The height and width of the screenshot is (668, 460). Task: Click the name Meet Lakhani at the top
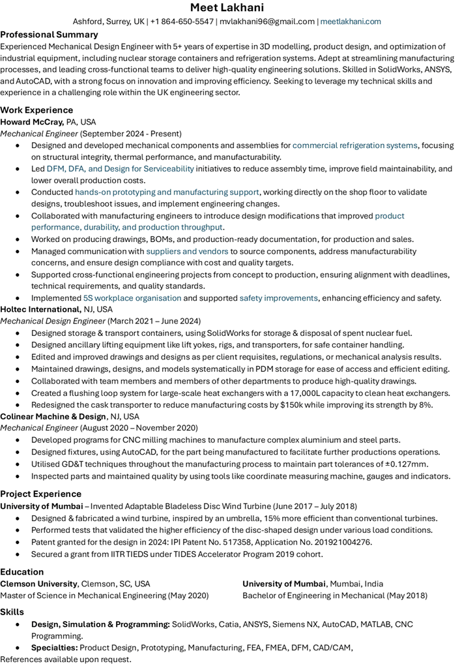pyautogui.click(x=229, y=8)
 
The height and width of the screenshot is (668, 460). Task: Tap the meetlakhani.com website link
pyautogui.click(x=351, y=22)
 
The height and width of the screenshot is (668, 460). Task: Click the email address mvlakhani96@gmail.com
pyautogui.click(x=266, y=22)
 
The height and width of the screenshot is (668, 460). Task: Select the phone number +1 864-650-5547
pyautogui.click(x=182, y=22)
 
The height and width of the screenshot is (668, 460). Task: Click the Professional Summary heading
pyautogui.click(x=49, y=34)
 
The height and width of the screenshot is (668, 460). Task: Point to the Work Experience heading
pyautogui.click(x=36, y=110)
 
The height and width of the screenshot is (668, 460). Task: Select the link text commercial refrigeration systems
pyautogui.click(x=354, y=145)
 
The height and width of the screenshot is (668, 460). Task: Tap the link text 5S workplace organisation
pyautogui.click(x=132, y=297)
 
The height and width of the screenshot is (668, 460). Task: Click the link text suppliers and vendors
pyautogui.click(x=187, y=250)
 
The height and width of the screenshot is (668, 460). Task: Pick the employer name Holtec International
pyautogui.click(x=40, y=309)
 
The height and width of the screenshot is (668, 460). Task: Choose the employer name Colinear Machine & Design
pyautogui.click(x=53, y=416)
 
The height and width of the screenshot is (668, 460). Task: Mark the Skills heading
pyautogui.click(x=12, y=612)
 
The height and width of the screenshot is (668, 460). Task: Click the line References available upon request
pyautogui.click(x=65, y=660)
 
